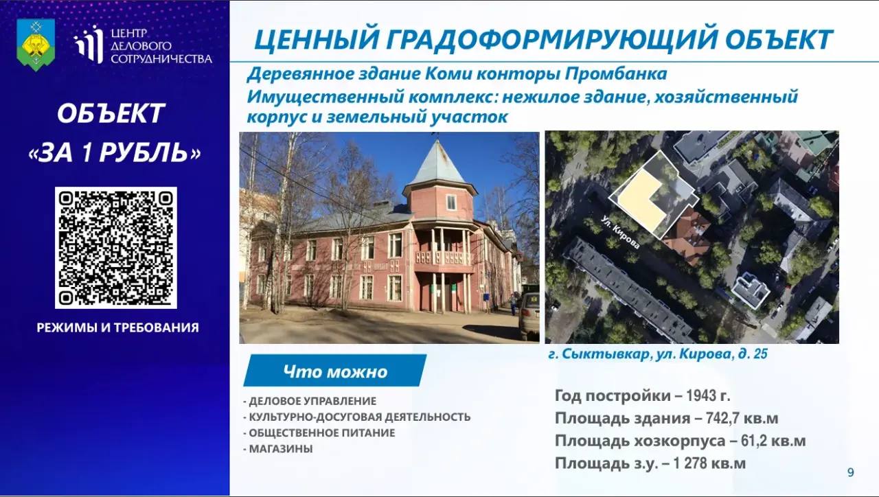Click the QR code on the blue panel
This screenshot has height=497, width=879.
116,248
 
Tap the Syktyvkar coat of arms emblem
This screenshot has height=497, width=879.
36,45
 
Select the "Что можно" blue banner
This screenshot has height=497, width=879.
334,371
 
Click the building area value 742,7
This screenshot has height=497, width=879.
721,419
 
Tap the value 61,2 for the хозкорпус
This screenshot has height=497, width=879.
753,441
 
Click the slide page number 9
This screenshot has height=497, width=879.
850,472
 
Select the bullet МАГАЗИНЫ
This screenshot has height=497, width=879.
281,449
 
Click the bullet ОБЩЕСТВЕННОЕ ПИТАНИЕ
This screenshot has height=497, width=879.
322,433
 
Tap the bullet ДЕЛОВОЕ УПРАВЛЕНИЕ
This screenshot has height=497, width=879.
312,402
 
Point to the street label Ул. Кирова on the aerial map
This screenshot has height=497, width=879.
621,232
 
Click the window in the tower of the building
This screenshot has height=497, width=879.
451,203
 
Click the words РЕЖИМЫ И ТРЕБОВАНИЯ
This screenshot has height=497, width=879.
117,327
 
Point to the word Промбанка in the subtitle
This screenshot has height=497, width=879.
616,74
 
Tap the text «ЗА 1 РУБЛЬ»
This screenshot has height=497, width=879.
115,152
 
